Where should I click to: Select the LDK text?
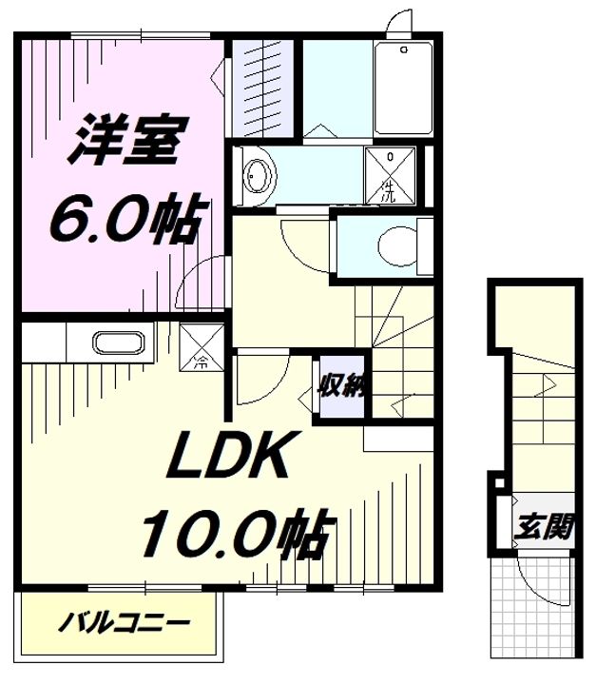tap(228, 460)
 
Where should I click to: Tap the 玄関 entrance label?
tap(546, 525)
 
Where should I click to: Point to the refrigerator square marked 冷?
tap(202, 347)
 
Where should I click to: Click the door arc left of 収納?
tap(260, 380)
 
